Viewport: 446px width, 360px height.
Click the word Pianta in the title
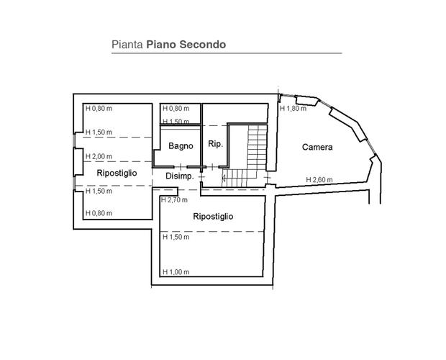pyautogui.click(x=127, y=45)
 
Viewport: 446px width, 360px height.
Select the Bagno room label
pyautogui.click(x=181, y=146)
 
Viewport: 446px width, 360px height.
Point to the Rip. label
pyautogui.click(x=215, y=144)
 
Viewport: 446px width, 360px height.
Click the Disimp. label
pyautogui.click(x=180, y=176)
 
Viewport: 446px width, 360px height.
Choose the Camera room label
pyautogui.click(x=317, y=147)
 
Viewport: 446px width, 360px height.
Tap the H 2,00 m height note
pyautogui.click(x=99, y=156)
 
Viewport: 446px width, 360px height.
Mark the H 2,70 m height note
pyautogui.click(x=174, y=200)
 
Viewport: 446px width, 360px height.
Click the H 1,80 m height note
pyautogui.click(x=293, y=109)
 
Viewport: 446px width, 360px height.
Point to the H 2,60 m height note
pyautogui.click(x=319, y=180)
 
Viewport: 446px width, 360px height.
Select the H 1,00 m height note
pyautogui.click(x=176, y=272)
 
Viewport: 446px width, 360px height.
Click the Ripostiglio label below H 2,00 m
pyautogui.click(x=117, y=173)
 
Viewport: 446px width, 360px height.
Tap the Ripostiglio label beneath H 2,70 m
pyautogui.click(x=213, y=217)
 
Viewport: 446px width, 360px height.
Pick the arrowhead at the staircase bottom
pyautogui.click(x=224, y=179)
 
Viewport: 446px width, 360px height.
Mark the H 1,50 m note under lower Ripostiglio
pyautogui.click(x=176, y=237)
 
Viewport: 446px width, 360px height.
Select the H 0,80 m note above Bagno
pyautogui.click(x=176, y=109)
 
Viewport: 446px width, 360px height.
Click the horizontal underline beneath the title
pyautogui.click(x=227, y=53)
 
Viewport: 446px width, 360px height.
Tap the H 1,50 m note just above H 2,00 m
pyautogui.click(x=99, y=132)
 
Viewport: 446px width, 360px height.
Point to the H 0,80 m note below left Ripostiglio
pyautogui.click(x=99, y=213)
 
